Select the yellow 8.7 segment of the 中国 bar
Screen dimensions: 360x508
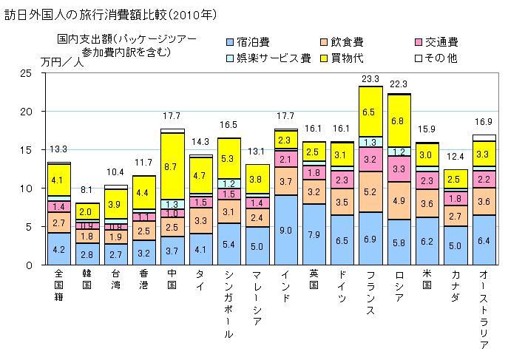click(172, 167)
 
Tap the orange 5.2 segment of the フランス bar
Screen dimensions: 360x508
click(370, 191)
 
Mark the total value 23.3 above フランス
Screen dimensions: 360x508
click(370, 78)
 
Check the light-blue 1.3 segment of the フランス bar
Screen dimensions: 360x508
click(370, 142)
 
